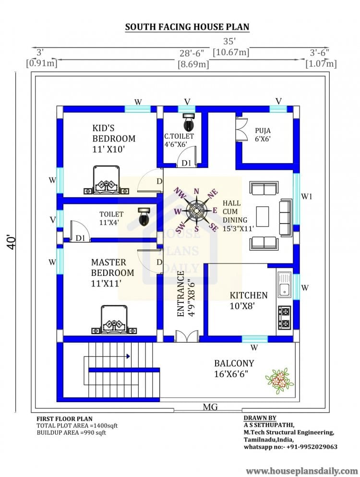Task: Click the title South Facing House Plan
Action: [187, 27]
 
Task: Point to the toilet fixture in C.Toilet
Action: [188, 122]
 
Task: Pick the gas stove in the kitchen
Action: [284, 317]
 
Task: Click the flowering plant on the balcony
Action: [278, 381]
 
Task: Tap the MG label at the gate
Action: [210, 407]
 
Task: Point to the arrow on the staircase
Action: [128, 356]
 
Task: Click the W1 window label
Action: [307, 196]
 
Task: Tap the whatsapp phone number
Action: [290, 447]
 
